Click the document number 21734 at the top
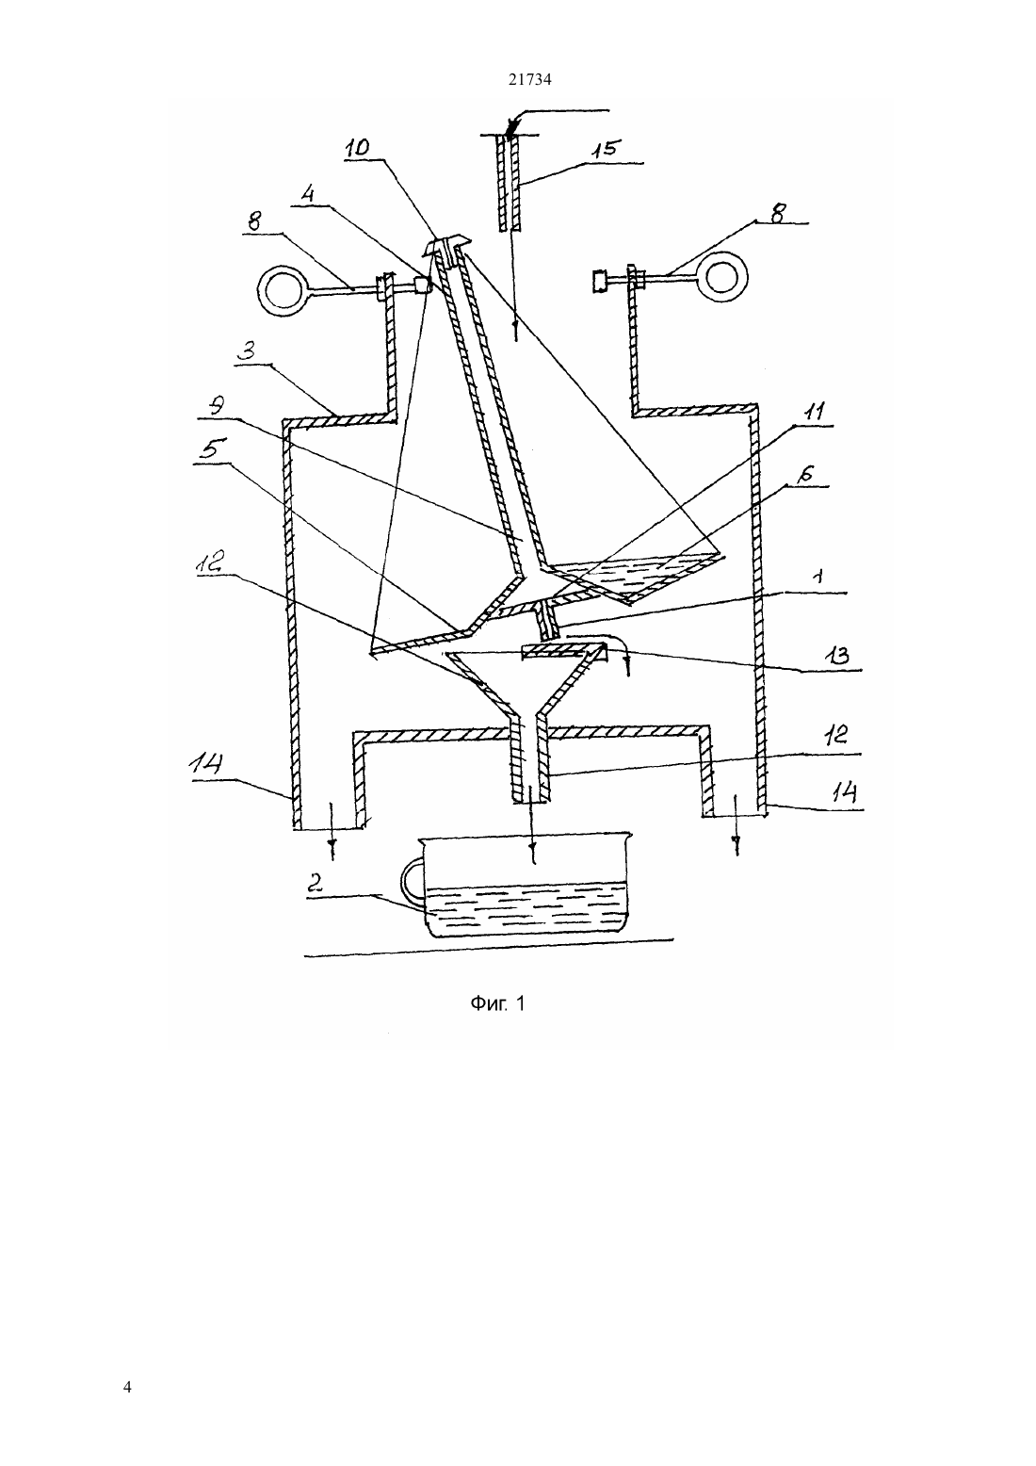point(529,79)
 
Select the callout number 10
point(358,147)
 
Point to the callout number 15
point(606,149)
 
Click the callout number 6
point(806,474)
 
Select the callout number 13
point(839,656)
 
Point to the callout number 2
point(315,884)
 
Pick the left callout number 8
point(253,221)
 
